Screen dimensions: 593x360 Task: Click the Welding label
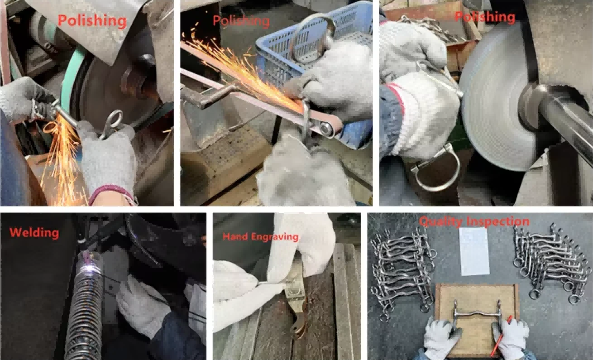[x=34, y=233]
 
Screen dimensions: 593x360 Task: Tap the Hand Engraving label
[x=260, y=236]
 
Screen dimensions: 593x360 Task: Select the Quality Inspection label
[x=474, y=221]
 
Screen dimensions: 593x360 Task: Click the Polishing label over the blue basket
[x=241, y=21]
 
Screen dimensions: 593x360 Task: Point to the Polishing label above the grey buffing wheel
[x=485, y=17]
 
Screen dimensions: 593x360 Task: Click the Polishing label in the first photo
[x=92, y=20]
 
